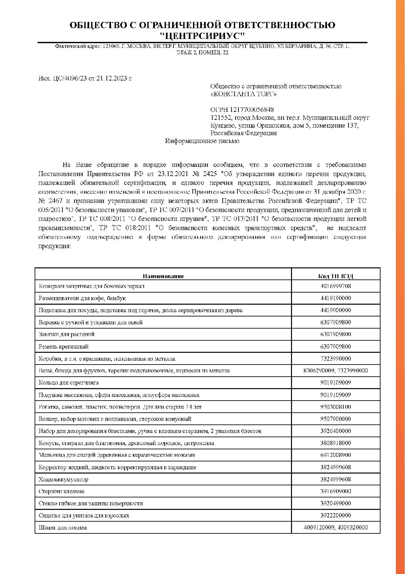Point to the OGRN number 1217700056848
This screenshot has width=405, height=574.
click(252, 110)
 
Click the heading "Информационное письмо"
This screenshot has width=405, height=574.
click(202, 141)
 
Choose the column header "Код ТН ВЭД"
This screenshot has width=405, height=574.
click(335, 276)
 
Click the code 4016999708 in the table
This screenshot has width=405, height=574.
click(335, 286)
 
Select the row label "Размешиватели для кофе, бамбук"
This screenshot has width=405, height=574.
click(82, 298)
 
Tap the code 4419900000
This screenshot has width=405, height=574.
click(335, 310)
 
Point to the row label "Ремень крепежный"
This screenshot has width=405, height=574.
click(64, 347)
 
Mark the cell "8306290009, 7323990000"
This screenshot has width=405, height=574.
click(335, 370)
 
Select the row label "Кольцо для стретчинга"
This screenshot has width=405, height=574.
click(69, 383)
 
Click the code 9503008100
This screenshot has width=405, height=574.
click(335, 407)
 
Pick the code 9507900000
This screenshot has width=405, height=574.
click(335, 419)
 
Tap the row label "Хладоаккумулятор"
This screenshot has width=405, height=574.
click(63, 479)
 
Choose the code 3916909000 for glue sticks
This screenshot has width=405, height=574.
click(335, 491)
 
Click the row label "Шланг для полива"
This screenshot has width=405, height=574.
click(63, 528)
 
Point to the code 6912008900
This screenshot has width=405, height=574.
click(335, 455)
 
